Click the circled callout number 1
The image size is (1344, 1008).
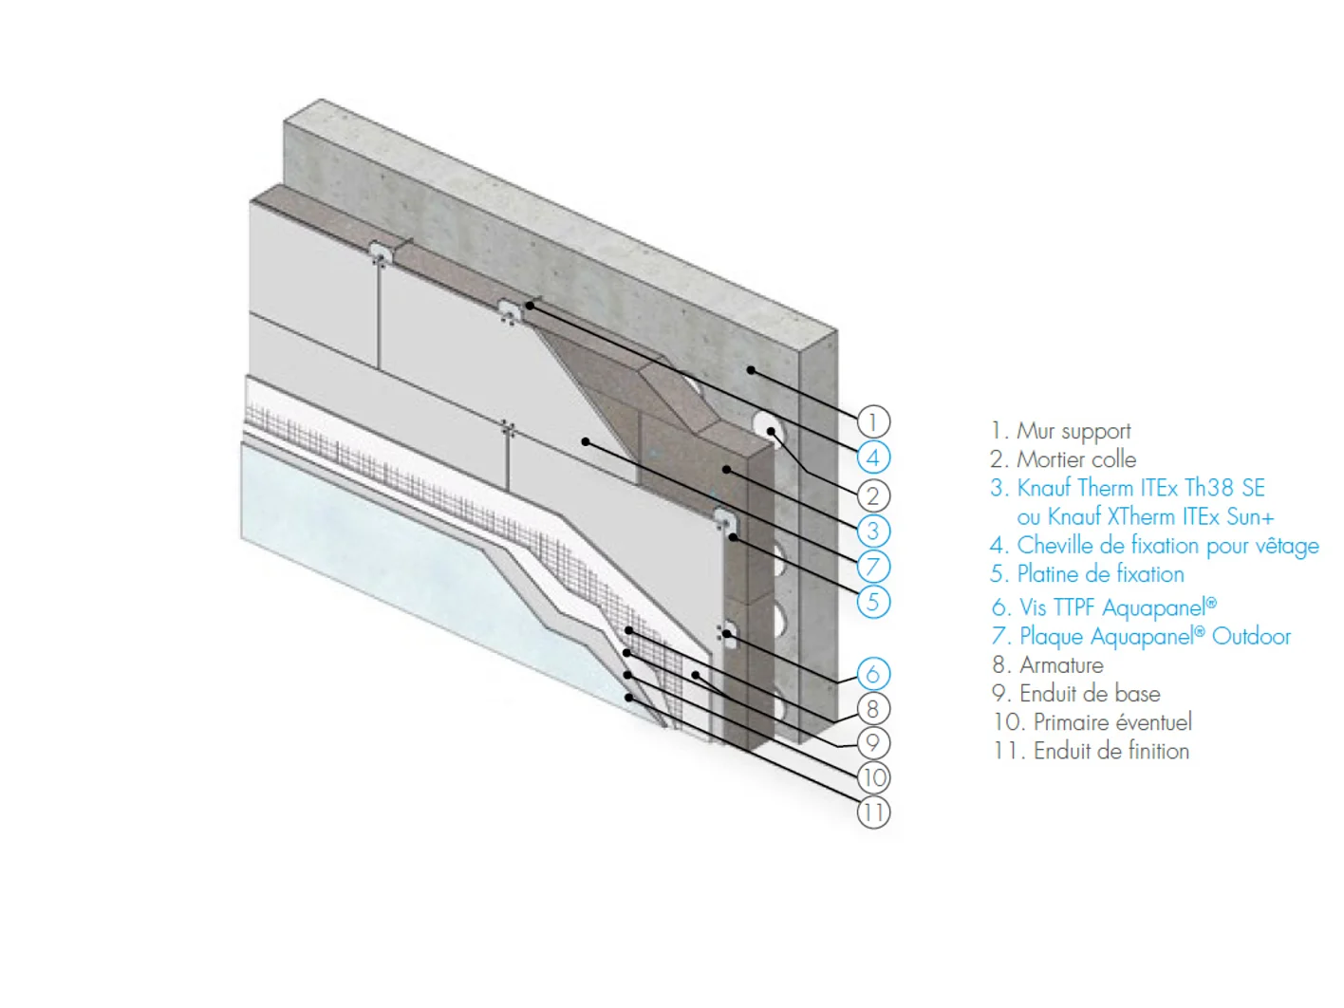coord(872,421)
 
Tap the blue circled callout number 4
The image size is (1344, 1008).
coord(873,457)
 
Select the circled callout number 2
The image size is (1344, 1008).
coord(873,495)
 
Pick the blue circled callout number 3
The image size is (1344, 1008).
coord(873,531)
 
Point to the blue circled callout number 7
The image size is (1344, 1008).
coord(873,567)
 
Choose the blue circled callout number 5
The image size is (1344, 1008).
coord(873,602)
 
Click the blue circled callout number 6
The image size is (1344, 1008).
coord(873,674)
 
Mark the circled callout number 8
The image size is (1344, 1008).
coord(873,709)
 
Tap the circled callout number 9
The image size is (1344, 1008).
coord(873,743)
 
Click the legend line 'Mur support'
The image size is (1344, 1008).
coord(1073,432)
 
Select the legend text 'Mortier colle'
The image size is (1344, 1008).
coord(1076,459)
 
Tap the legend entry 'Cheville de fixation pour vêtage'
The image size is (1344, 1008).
coord(1167,546)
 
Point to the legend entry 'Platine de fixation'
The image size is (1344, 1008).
coord(1100,574)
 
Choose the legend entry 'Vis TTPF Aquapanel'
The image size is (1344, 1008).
coord(1117,607)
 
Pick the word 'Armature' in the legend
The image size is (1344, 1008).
coord(1061,664)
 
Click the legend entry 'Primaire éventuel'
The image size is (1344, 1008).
coord(1112,722)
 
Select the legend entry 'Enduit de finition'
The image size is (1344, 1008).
coord(1111,751)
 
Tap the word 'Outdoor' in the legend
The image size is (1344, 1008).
coord(1251,637)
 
